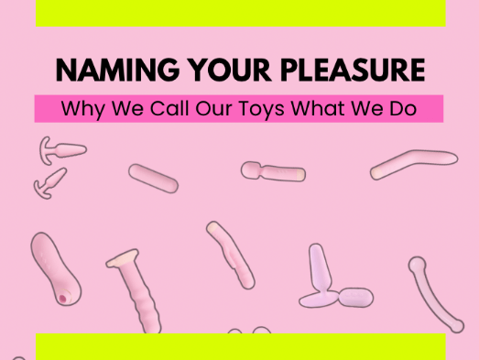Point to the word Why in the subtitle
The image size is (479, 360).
[80, 108]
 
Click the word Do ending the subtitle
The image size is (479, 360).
[404, 108]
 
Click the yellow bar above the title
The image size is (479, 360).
[240, 13]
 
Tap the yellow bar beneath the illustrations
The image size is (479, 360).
[240, 346]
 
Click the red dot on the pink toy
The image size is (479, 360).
[61, 299]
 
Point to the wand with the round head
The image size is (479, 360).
[273, 170]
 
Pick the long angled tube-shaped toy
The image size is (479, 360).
[413, 163]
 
